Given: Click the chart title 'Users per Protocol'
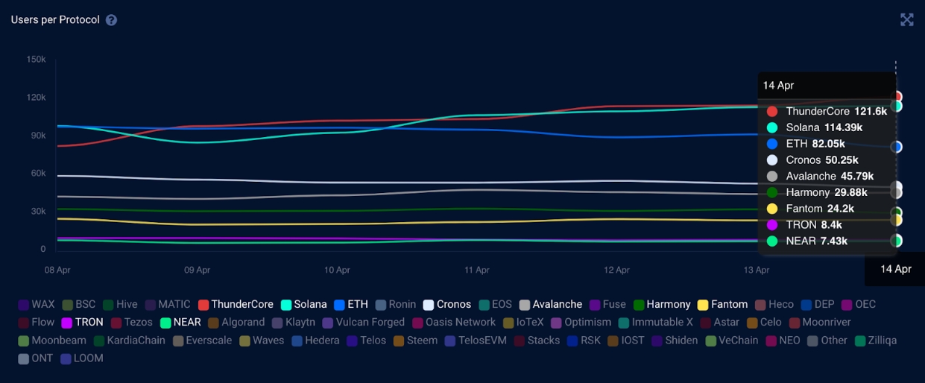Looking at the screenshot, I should pos(55,20).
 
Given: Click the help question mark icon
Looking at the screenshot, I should pos(111,20).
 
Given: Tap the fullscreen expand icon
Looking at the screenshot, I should pos(906,20).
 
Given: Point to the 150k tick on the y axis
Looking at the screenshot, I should pos(36,60).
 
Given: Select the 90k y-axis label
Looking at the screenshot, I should pos(36,136).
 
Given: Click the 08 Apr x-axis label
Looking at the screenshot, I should pos(57,270).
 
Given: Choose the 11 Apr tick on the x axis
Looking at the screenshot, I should pos(477,270).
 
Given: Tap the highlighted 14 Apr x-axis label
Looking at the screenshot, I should pos(895,270).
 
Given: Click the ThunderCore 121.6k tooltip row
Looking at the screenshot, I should pos(827,111).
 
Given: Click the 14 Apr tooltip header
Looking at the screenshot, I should pos(778,85).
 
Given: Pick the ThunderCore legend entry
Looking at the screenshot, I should pos(236,304).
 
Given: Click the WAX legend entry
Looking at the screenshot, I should pos(37,304).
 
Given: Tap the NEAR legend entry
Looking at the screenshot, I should pos(180,322).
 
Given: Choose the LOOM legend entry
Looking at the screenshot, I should pos(82,358).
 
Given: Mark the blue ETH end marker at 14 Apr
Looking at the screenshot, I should pos(896,147).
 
